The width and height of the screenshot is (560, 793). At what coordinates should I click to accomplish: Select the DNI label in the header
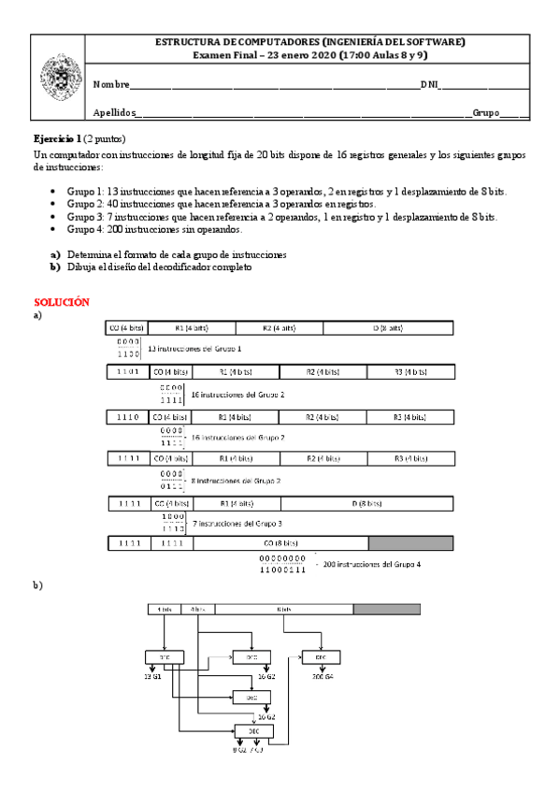tap(430, 85)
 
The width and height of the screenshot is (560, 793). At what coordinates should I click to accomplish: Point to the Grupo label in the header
tap(485, 112)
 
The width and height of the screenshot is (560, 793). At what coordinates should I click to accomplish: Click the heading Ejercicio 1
tap(64, 138)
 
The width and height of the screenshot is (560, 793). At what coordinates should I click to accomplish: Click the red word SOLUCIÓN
tap(61, 303)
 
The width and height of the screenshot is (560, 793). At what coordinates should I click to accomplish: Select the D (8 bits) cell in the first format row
tap(387, 328)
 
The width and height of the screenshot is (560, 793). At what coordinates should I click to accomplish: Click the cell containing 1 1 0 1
tap(127, 372)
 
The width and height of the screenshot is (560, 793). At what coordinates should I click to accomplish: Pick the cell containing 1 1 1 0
tap(127, 416)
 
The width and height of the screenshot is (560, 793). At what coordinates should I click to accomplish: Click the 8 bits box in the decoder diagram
tap(284, 609)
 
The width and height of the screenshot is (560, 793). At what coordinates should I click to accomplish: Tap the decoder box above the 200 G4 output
tap(320, 657)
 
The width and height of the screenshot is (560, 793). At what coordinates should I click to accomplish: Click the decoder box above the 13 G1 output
tap(164, 657)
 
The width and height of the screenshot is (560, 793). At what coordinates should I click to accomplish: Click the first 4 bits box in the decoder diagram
tap(165, 609)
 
